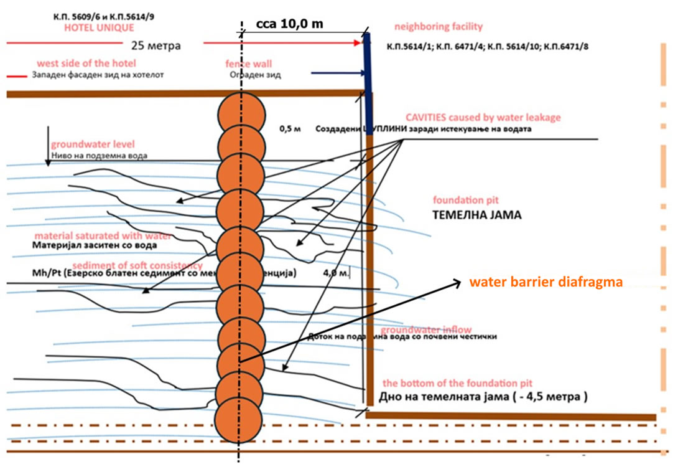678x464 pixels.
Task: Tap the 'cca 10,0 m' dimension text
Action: (x=289, y=24)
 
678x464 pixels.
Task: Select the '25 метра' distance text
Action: (x=156, y=45)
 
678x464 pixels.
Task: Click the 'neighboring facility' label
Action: (x=438, y=27)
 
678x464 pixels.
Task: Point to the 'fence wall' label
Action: (x=248, y=64)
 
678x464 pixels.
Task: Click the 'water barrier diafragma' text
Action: (x=546, y=282)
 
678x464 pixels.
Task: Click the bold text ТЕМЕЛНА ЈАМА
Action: (x=477, y=215)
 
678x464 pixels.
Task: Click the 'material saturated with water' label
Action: (x=103, y=236)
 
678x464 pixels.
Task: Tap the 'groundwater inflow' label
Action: (x=426, y=329)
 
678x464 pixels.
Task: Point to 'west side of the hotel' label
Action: (x=86, y=64)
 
